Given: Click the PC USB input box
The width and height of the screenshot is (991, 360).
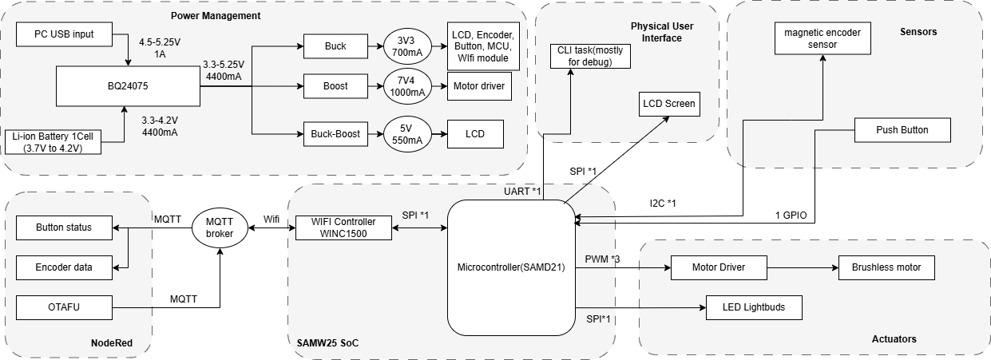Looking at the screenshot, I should point(64,34).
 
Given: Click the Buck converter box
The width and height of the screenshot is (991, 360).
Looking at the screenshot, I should point(335,46).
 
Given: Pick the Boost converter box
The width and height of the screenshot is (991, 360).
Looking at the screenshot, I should point(335,86).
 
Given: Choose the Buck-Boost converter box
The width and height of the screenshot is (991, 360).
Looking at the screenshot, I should point(335,134).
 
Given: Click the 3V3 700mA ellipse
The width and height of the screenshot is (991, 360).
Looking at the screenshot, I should point(406,46).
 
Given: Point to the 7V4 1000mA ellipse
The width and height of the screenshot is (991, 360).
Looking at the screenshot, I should point(406,86).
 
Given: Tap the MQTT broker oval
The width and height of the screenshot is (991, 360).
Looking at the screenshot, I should point(220,227).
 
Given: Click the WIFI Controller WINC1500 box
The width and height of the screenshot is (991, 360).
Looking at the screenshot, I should point(343,227).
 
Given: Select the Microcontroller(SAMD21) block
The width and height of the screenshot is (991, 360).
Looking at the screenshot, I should point(511,267).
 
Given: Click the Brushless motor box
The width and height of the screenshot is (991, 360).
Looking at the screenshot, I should point(886,267).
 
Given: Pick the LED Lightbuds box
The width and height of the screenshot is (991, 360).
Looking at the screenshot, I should point(753,308).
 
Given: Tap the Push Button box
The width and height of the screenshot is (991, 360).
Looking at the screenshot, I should point(902,130).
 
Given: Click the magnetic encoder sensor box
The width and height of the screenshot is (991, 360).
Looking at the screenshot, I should point(823,38).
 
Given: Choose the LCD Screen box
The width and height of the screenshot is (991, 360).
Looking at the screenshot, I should point(668,104).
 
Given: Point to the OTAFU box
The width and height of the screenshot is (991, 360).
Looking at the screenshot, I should point(65,307).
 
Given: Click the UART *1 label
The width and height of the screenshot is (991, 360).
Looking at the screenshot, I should point(523,192).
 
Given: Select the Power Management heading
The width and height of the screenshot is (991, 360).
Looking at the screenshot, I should point(216,16).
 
